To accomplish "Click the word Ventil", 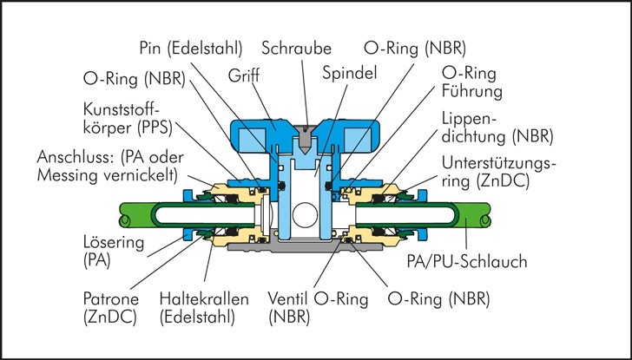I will tap(284, 299).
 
